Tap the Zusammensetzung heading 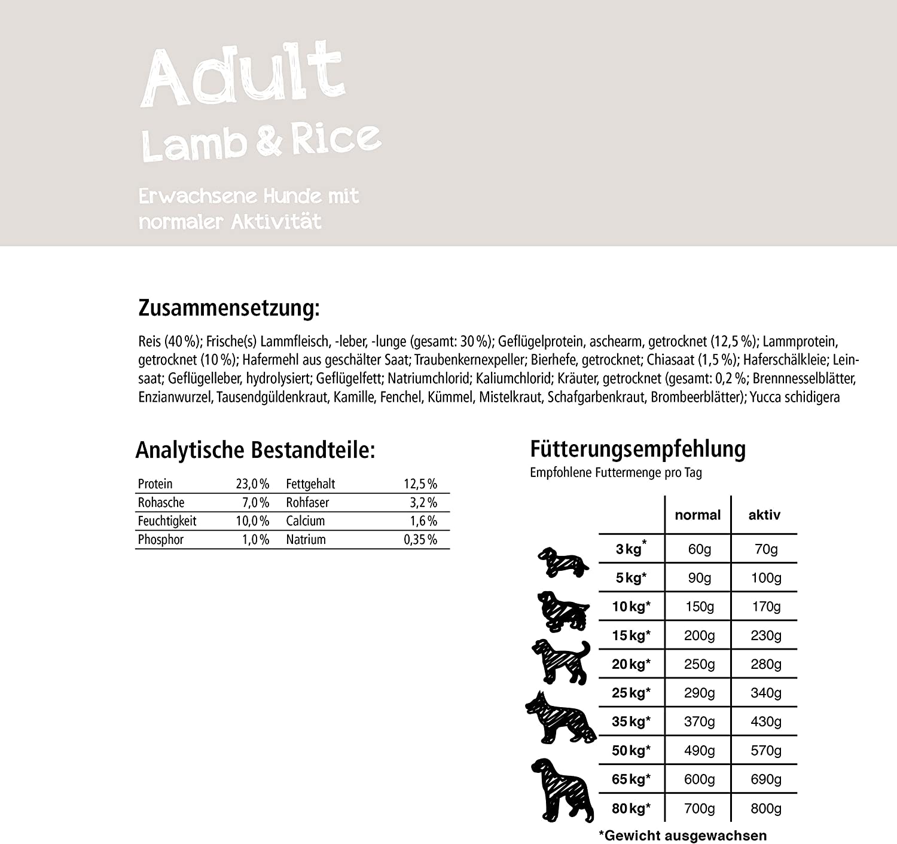click(x=229, y=308)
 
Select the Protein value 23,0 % click(x=252, y=484)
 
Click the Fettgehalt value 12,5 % click(x=420, y=484)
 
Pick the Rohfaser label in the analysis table click(x=307, y=503)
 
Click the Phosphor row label click(x=161, y=540)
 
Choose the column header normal click(x=698, y=515)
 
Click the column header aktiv click(x=764, y=515)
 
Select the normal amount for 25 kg click(x=699, y=693)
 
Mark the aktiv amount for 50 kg click(x=766, y=751)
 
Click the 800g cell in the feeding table click(x=766, y=809)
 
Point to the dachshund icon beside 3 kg click(x=562, y=562)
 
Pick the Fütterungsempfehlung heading click(x=638, y=449)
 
